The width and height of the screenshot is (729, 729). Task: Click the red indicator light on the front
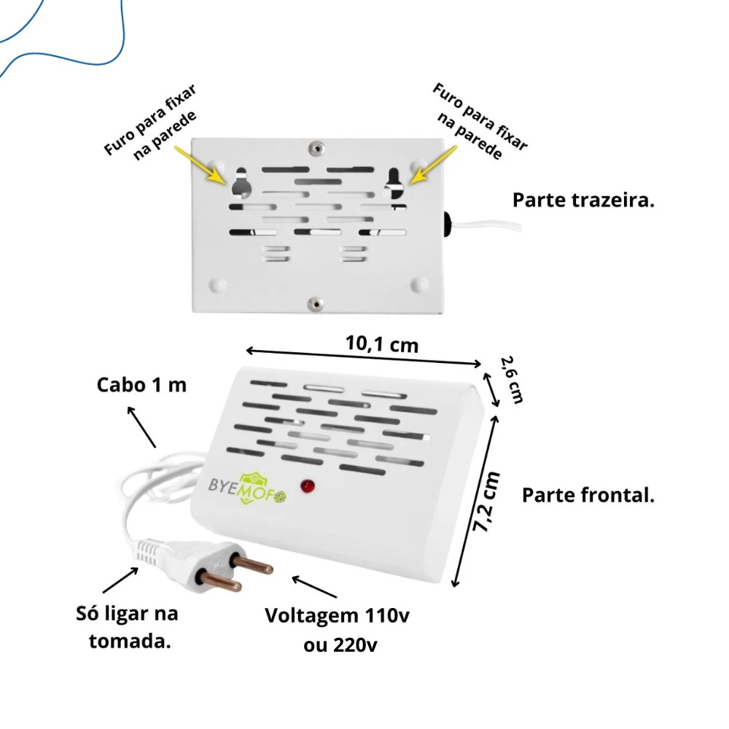point(308,485)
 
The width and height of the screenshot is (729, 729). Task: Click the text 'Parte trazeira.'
point(583,200)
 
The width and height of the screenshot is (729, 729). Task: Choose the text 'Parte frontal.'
point(588,496)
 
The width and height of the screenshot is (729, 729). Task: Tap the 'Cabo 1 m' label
point(141,384)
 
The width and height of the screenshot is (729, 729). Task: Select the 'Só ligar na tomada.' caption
point(127,627)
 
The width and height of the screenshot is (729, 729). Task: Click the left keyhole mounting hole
point(241,184)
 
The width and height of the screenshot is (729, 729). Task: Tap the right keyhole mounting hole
point(394,183)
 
